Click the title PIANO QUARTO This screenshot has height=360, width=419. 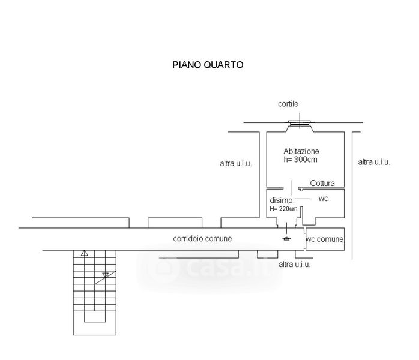pos(208,65)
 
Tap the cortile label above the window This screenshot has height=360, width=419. pos(288,104)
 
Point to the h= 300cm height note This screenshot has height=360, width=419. pos(300,160)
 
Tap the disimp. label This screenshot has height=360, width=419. pos(281,200)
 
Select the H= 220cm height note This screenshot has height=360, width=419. pos(283,209)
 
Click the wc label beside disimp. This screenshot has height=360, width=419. pos(322,199)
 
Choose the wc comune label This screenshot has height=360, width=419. pos(325,239)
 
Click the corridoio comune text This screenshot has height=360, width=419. pos(202,239)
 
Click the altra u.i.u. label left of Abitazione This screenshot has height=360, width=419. pos(235,163)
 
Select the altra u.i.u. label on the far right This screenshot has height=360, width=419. pos(374,162)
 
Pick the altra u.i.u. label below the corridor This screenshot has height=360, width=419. pos(295,264)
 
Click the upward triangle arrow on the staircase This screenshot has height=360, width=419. pos(85,253)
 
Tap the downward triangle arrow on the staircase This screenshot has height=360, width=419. pos(105,275)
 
